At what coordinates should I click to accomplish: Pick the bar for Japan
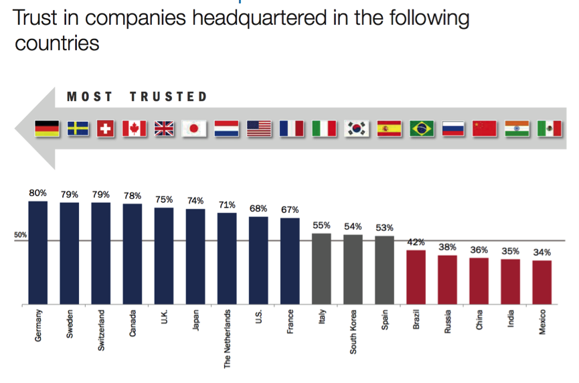click(x=195, y=257)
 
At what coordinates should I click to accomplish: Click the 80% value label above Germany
click(x=38, y=194)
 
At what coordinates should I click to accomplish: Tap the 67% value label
click(x=290, y=210)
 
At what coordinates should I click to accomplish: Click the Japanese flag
click(x=195, y=128)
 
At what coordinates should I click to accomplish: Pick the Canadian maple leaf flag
click(x=134, y=128)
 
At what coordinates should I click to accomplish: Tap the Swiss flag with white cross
click(x=105, y=128)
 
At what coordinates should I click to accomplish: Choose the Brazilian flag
click(x=422, y=128)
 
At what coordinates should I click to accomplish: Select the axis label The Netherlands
click(x=227, y=339)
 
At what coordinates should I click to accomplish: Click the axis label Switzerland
click(x=101, y=332)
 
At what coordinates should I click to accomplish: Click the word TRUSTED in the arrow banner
click(x=169, y=97)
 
